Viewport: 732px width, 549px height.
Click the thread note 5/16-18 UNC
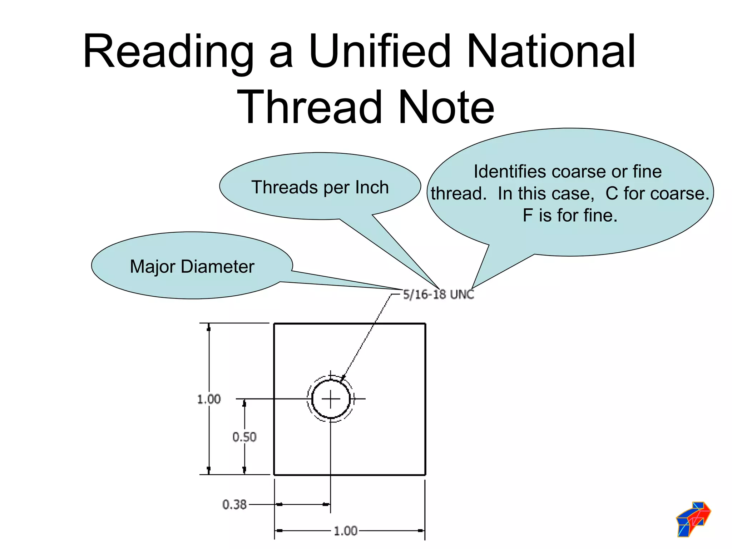439,295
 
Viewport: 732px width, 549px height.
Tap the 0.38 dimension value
234,504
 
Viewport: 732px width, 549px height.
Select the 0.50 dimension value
244,437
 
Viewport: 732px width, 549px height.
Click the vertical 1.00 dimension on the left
209,399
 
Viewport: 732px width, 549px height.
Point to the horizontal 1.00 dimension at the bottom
345,531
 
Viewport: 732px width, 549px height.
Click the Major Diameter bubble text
192,267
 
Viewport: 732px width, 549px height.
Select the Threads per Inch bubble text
320,187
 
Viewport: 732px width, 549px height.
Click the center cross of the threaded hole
331,399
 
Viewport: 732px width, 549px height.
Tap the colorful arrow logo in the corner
693,519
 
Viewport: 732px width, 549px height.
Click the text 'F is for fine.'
570,216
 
